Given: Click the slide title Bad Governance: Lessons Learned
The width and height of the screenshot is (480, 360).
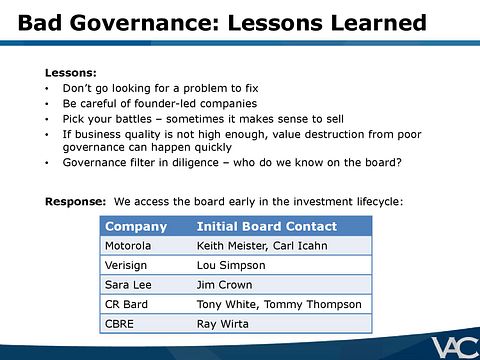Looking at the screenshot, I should [222, 23].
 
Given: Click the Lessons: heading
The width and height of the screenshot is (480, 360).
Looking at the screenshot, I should [71, 73].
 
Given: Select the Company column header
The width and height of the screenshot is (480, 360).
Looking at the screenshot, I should [136, 226].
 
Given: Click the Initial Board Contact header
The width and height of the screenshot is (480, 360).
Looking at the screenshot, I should [267, 226].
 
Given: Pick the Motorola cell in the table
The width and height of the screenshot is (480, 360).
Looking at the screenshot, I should [129, 245].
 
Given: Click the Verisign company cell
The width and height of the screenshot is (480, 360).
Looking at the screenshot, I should [127, 265].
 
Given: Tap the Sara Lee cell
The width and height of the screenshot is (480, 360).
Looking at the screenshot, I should [128, 285].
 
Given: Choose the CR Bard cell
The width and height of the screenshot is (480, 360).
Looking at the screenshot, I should [126, 304].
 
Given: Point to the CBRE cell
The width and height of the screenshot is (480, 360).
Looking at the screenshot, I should [121, 323].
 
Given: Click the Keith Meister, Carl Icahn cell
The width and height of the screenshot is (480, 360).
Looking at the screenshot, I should [254, 245].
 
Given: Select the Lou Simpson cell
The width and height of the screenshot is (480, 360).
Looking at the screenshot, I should [231, 265].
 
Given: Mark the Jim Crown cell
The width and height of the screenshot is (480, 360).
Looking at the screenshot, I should [225, 285].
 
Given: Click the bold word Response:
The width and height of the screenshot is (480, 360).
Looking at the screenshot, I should [75, 201].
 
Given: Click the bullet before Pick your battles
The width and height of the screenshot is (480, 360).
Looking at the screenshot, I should [48, 118].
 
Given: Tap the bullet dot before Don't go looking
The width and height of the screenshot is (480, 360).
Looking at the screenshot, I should [48, 88].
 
